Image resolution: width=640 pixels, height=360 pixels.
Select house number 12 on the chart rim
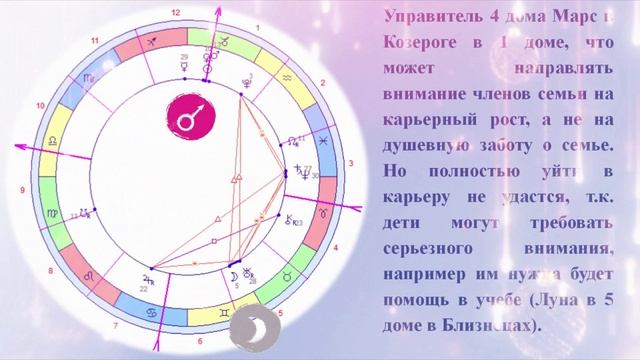coord(176,13)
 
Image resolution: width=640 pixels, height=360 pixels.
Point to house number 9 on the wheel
coord(21,190)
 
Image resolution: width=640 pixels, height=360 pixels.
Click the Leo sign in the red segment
coord(89,273)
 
